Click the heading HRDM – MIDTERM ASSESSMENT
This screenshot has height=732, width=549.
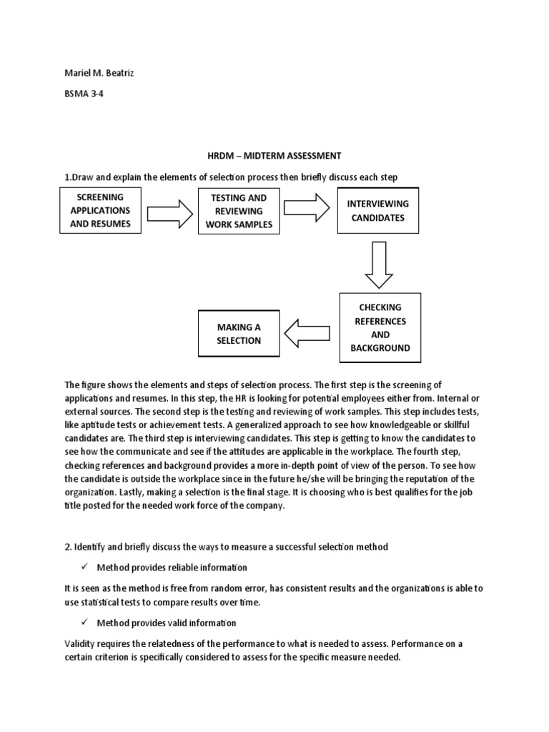(x=274, y=155)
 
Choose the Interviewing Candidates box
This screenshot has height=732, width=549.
(x=378, y=211)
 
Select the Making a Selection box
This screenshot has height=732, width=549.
(x=239, y=334)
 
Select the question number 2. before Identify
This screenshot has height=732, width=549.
(x=68, y=547)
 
